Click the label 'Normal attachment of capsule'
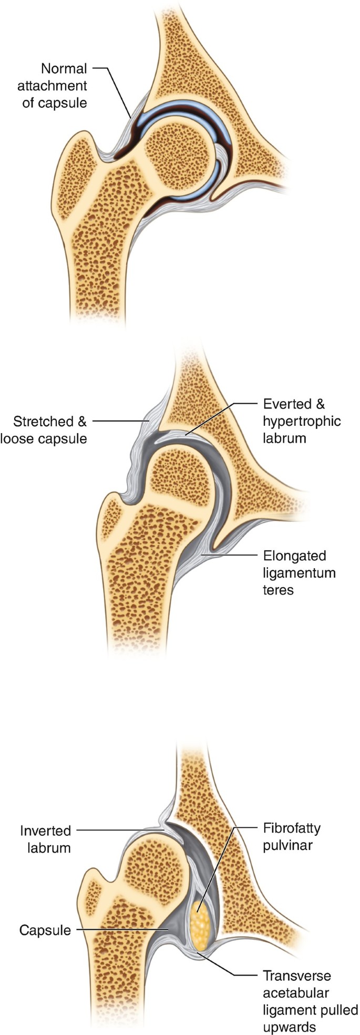coord(55,85)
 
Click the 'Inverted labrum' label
coord(45,839)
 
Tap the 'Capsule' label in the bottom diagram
coord(45,930)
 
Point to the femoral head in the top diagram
coord(179,157)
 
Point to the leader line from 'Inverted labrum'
coord(121,831)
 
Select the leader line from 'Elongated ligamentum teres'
coord(231,555)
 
